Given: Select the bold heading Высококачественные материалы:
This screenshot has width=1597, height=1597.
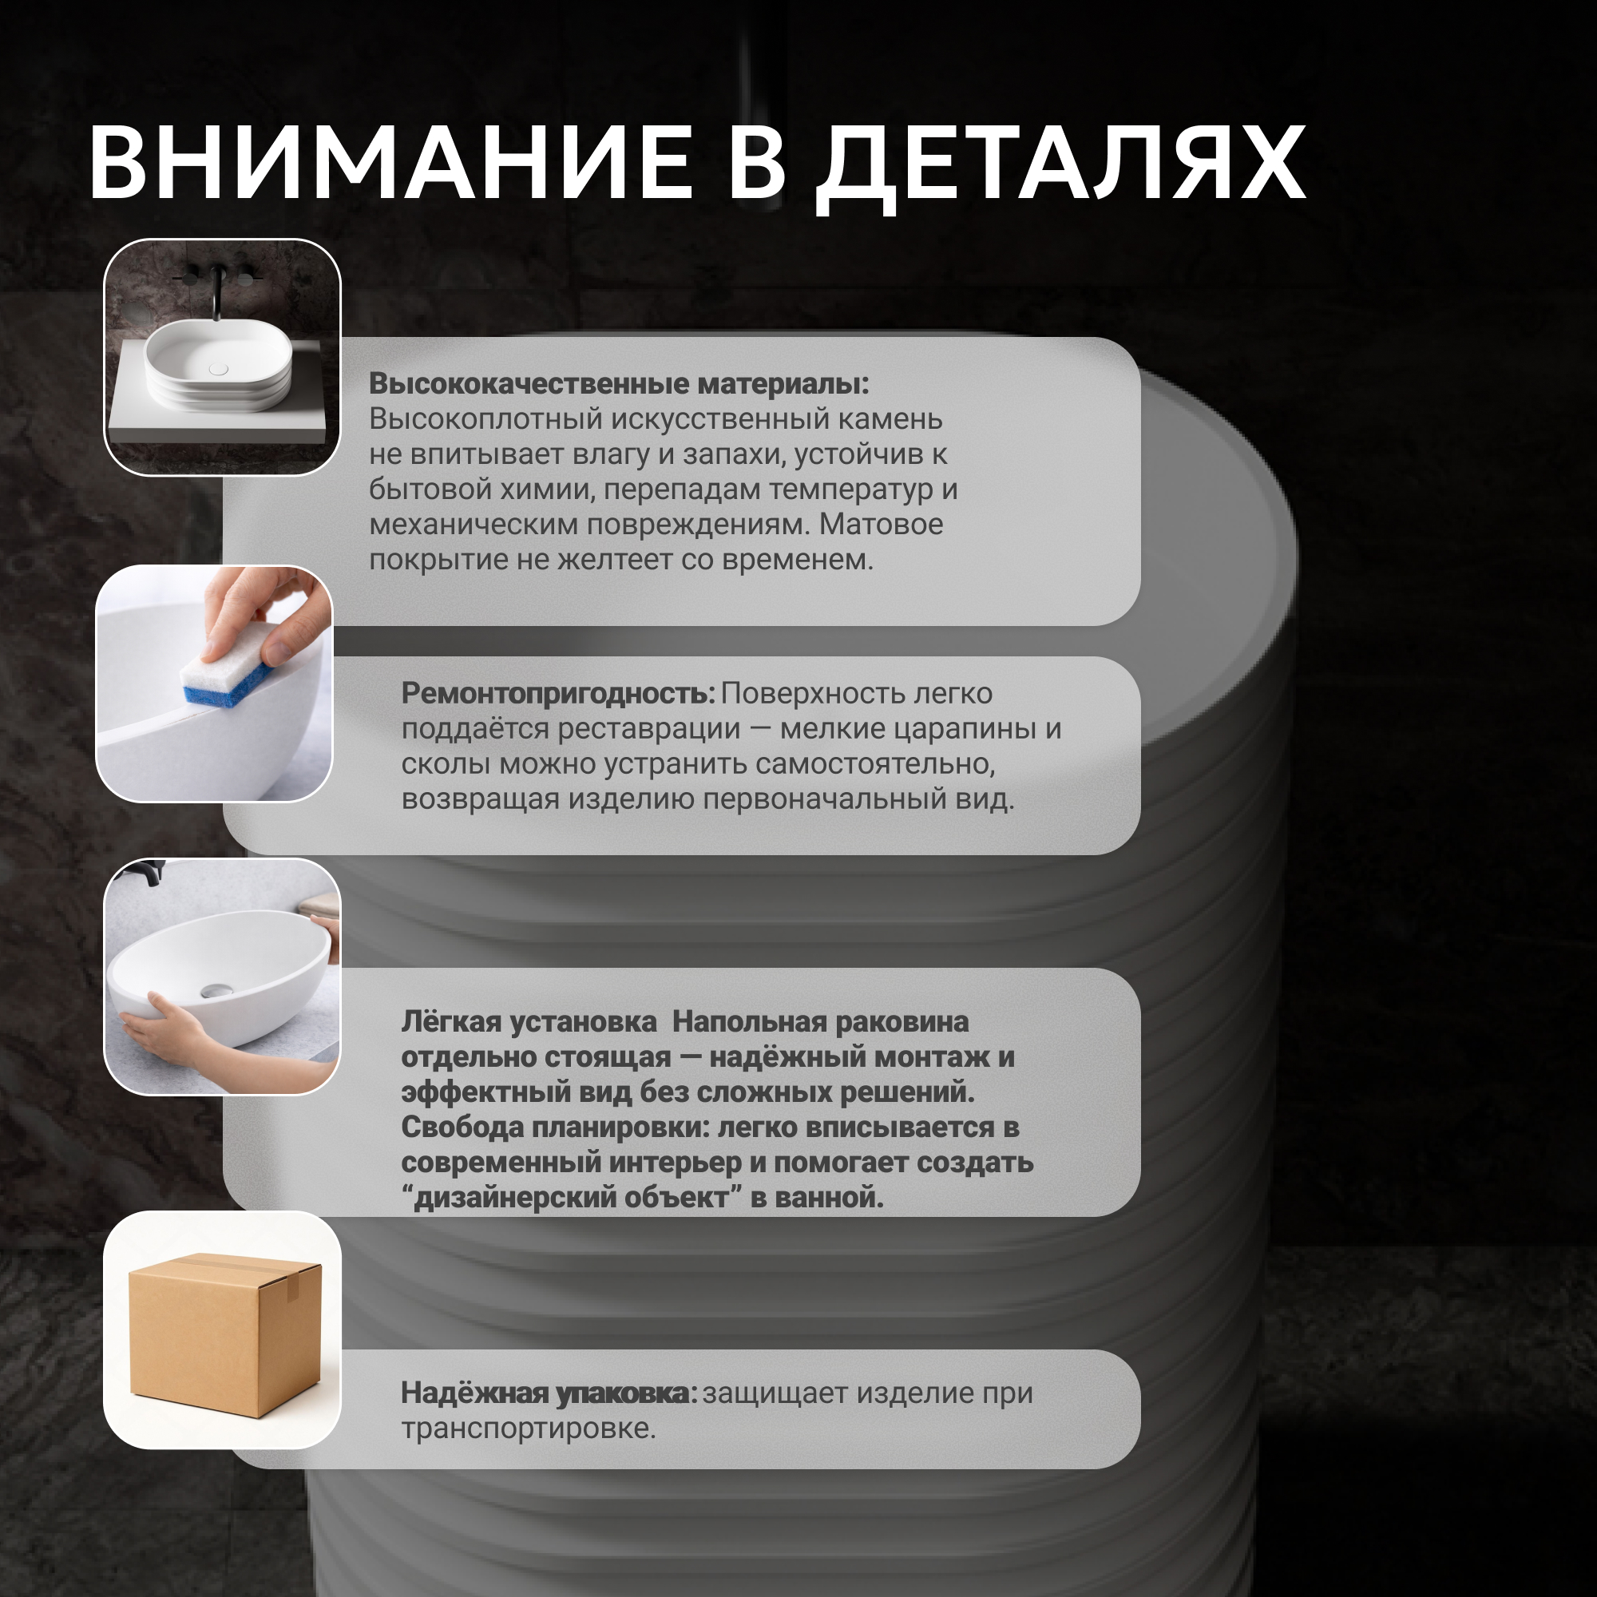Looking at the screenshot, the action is tap(619, 383).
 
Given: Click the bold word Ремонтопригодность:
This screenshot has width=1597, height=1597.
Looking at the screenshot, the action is tap(558, 695).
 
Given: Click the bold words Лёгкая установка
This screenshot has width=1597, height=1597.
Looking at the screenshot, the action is tap(529, 1023).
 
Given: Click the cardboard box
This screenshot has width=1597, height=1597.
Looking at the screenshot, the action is tap(224, 1336).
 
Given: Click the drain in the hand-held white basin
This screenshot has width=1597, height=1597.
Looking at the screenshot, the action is tap(216, 991).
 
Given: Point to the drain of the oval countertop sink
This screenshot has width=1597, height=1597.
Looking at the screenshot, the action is tap(218, 369).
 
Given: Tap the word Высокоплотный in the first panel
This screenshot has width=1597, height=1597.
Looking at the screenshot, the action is tap(485, 420).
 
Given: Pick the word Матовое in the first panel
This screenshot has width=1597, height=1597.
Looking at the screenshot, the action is tap(882, 525).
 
